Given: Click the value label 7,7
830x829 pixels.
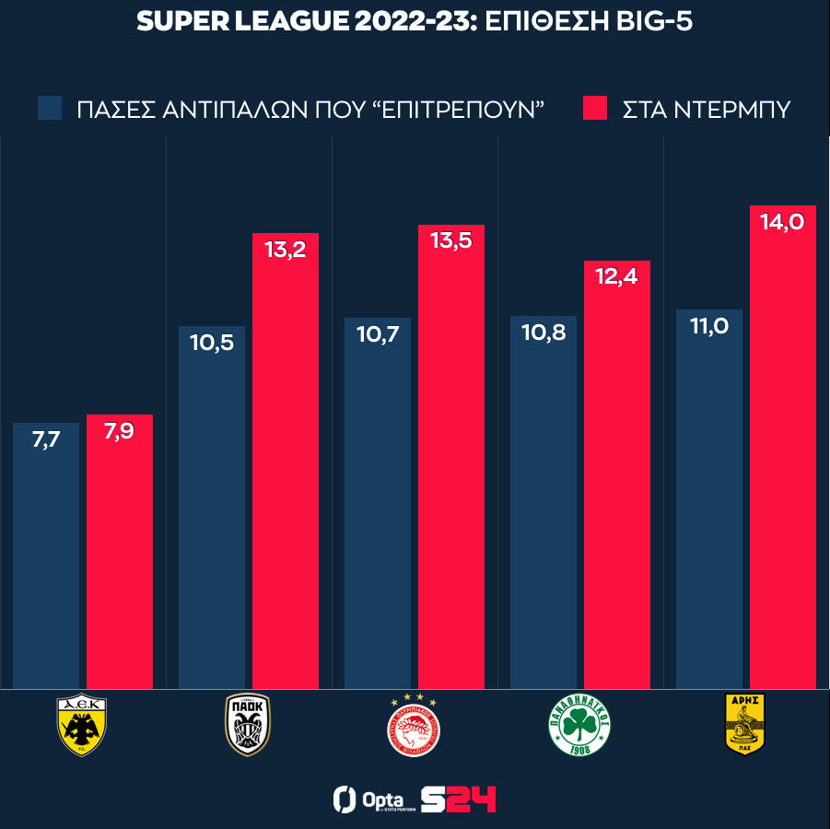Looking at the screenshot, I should [x=46, y=440].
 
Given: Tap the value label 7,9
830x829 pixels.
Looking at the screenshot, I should [x=120, y=431].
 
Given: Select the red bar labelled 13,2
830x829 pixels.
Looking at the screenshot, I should [x=286, y=461].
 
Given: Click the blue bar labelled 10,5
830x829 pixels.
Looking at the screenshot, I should [x=212, y=507].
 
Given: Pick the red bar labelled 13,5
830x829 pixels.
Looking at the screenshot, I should [x=451, y=461].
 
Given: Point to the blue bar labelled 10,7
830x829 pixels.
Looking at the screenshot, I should [x=378, y=507].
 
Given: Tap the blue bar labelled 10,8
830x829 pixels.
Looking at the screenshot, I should [x=544, y=507].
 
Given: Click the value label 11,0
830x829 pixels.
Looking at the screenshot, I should [x=709, y=326].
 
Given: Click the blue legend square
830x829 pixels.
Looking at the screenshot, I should [x=50, y=108].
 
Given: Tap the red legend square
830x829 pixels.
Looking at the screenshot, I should [x=595, y=108].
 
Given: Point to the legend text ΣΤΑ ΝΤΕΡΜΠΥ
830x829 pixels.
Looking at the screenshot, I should [x=707, y=109].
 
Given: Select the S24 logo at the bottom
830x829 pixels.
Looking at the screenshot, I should [x=458, y=799].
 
